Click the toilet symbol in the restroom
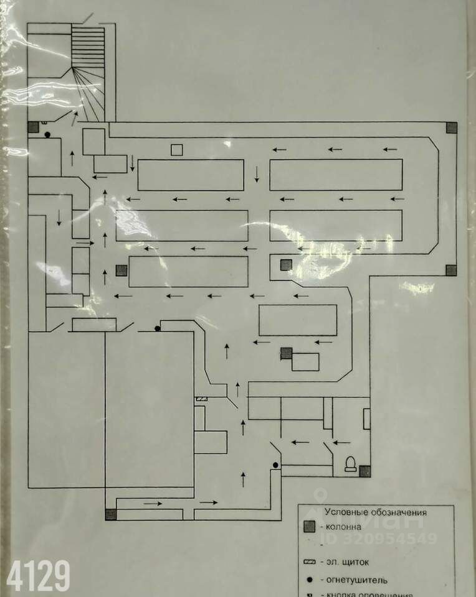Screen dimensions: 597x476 point(350,463)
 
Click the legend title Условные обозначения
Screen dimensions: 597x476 point(376,512)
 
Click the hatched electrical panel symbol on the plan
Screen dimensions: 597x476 point(202,399)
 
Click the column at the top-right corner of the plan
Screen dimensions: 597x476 point(451,128)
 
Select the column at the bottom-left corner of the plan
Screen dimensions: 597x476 point(111,514)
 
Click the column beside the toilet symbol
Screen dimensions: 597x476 point(365,471)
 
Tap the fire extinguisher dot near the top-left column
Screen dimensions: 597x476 point(47,134)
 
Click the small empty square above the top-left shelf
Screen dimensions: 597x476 point(177,149)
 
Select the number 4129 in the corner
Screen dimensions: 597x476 point(36,575)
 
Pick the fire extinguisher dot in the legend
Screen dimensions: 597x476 point(309,580)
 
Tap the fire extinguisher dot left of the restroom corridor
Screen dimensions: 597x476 point(275,465)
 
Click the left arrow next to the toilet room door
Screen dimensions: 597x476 point(341,443)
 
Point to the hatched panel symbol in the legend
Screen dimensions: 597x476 point(309,562)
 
